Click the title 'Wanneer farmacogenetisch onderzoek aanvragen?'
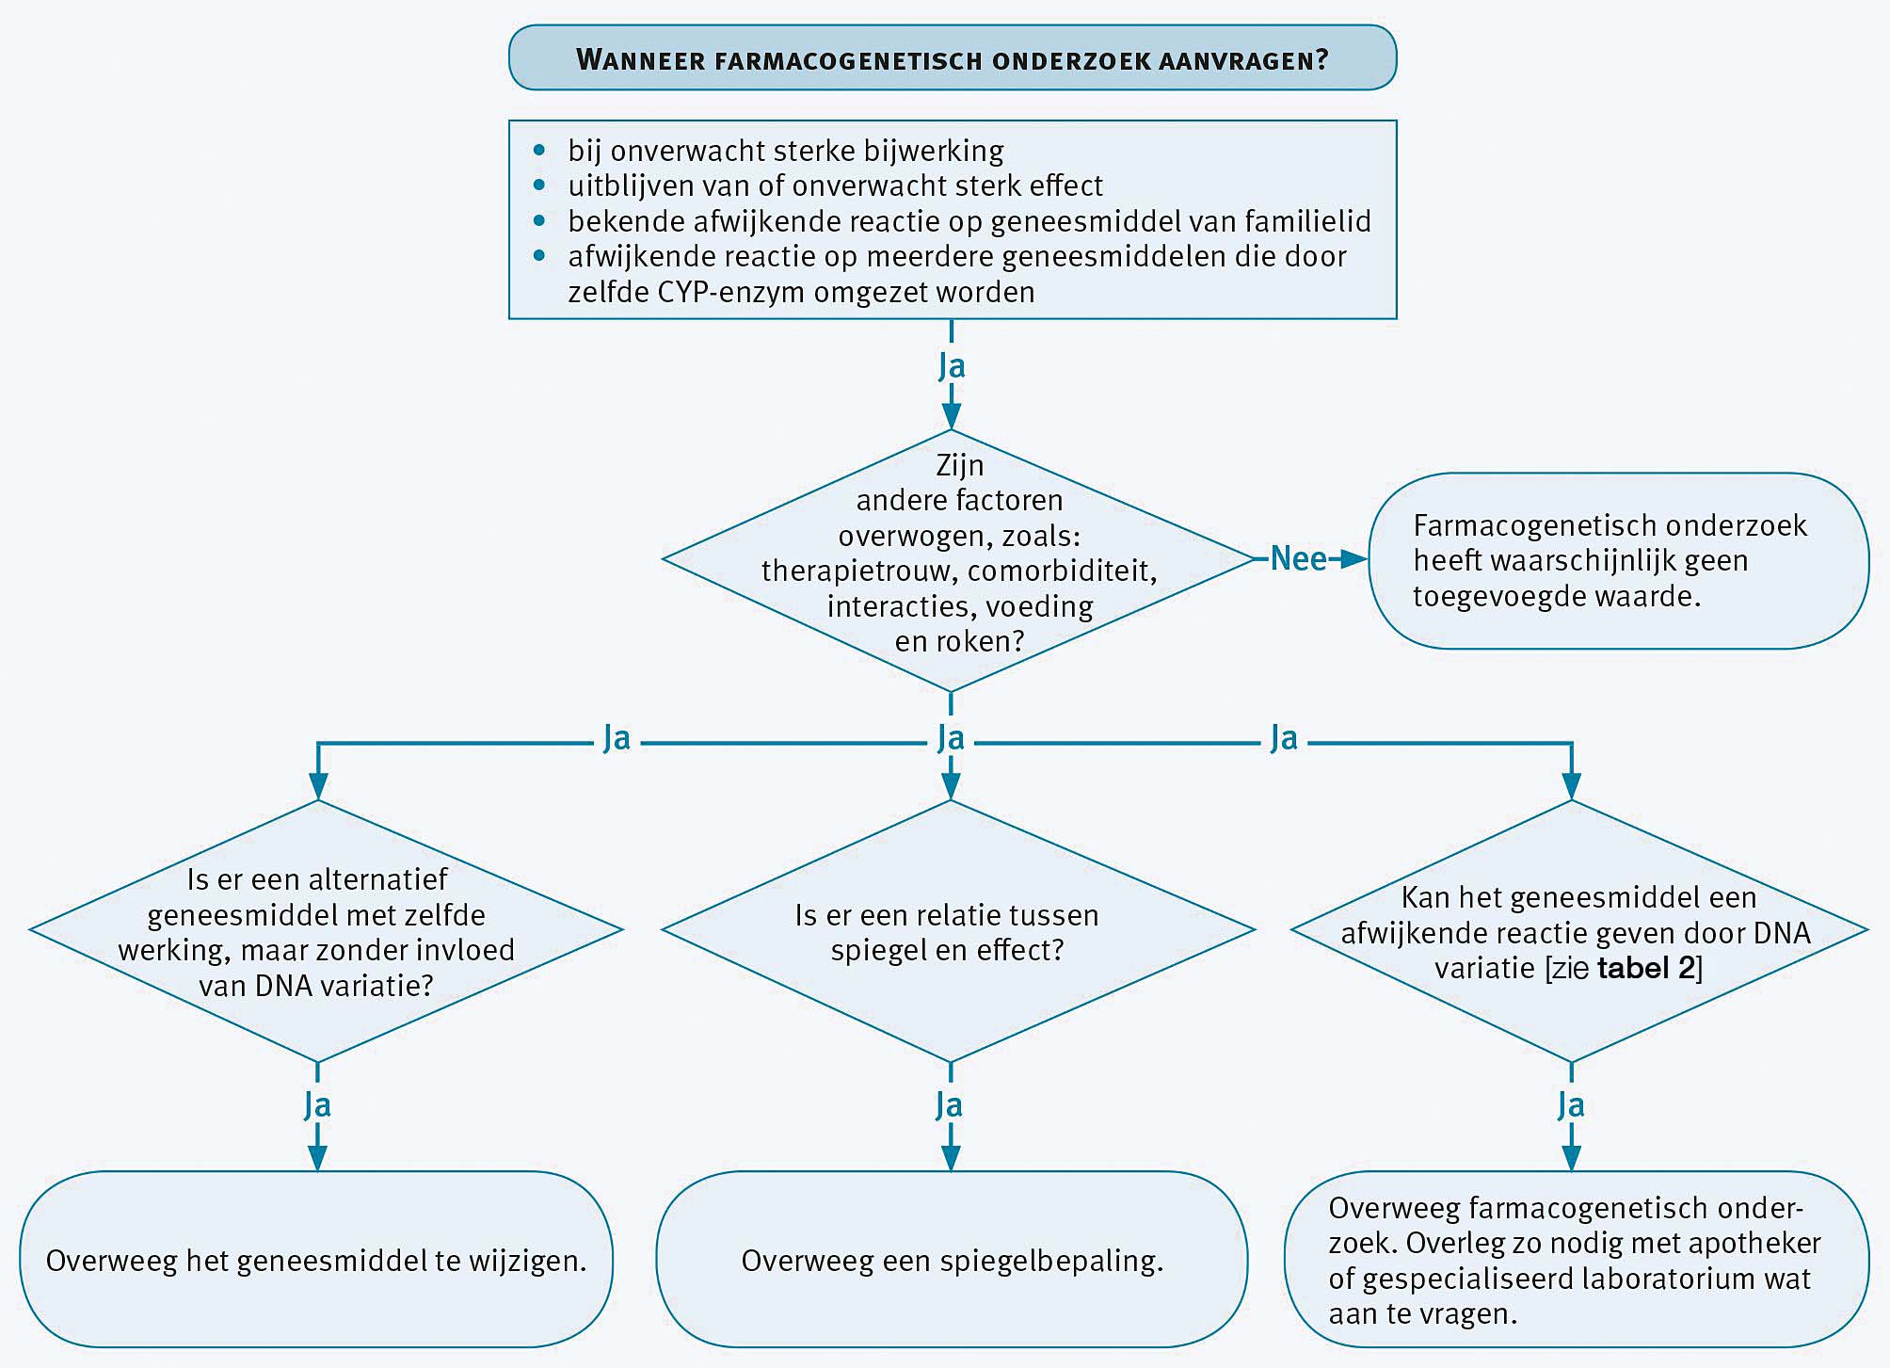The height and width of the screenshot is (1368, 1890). (x=952, y=59)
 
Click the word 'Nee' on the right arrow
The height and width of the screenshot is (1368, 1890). (x=1298, y=559)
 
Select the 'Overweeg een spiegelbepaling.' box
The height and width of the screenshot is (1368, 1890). (x=952, y=1261)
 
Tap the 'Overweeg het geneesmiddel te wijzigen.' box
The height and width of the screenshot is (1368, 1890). (x=316, y=1261)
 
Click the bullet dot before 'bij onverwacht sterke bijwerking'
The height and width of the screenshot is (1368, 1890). (x=539, y=150)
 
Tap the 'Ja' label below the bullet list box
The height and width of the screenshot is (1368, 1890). (x=952, y=366)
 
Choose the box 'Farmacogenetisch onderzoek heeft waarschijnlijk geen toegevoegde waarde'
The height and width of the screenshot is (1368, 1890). (x=1617, y=560)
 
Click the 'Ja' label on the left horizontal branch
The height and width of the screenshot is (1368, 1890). (x=617, y=738)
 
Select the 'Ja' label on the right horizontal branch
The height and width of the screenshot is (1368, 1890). (x=1284, y=738)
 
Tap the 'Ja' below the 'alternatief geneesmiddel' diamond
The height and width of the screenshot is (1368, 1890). (x=317, y=1105)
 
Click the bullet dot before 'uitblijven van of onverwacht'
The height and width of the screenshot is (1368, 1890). (x=539, y=185)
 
